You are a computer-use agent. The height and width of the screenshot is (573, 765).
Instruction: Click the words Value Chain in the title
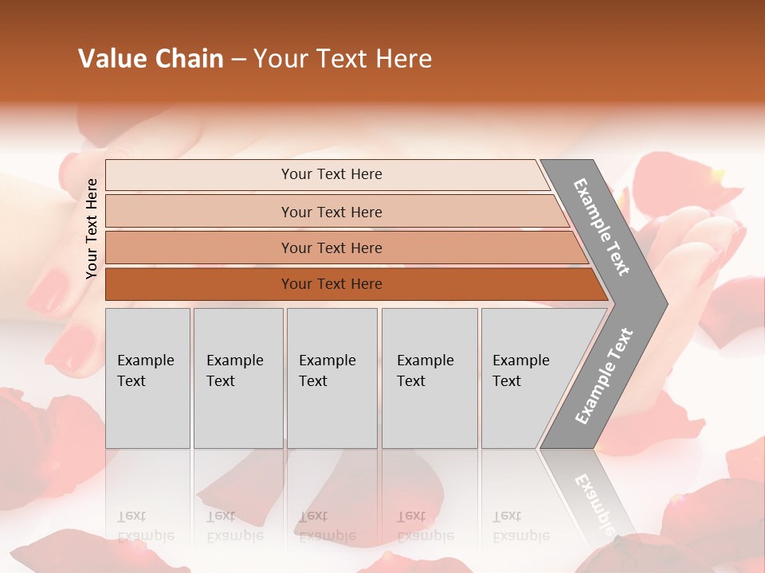click(x=151, y=59)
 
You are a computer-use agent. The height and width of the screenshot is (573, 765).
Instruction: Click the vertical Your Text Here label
click(x=92, y=228)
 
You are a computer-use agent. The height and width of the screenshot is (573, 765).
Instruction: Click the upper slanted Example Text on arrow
click(x=602, y=227)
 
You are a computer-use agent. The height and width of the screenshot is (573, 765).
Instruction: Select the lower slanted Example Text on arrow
click(x=604, y=376)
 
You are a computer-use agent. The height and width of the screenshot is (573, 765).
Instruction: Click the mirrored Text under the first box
click(x=131, y=516)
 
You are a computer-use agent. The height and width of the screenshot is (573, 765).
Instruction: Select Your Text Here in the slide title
click(x=343, y=59)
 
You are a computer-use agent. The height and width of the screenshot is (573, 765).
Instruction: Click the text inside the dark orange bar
click(x=331, y=284)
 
